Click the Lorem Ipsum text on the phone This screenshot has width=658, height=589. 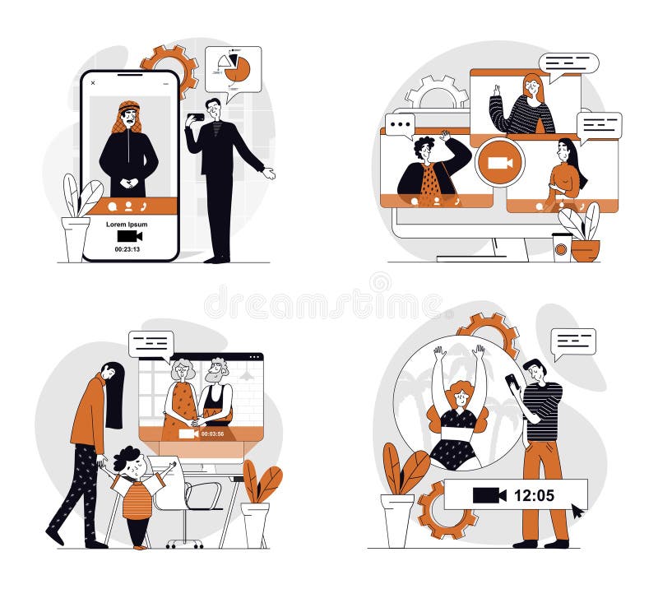point(127,224)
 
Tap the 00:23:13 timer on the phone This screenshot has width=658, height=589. point(127,249)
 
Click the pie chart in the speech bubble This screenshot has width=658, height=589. point(236,69)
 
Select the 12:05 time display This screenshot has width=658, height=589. point(534,495)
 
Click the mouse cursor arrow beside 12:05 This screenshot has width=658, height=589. point(578,511)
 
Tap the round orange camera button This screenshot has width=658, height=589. point(499,162)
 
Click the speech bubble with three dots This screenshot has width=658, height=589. point(400,126)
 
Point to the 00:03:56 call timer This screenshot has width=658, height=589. point(213,434)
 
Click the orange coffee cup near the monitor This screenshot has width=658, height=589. point(562,247)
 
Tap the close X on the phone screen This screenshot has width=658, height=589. point(93,82)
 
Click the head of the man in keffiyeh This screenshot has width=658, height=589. point(127,114)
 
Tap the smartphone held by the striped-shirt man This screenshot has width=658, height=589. point(512,381)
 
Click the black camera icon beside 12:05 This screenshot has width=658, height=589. point(489,495)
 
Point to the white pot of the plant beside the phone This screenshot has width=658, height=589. point(76,239)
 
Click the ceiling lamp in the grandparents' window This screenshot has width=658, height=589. point(246,374)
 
